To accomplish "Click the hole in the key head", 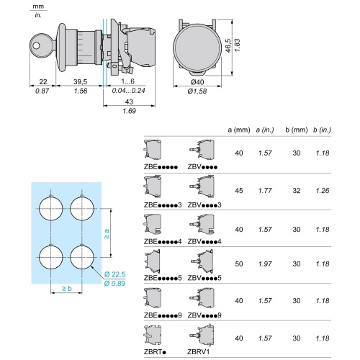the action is point(37,45).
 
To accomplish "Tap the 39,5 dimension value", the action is point(80,82).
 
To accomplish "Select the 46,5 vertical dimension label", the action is point(228,45).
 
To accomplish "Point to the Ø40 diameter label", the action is point(197,82).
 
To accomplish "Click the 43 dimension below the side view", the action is point(129,102).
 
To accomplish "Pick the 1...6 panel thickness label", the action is point(128,81).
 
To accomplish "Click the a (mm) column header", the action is point(239,130).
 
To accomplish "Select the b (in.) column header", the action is point(322,130).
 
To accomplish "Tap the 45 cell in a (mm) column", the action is point(239,191).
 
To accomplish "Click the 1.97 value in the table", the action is point(265,264).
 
